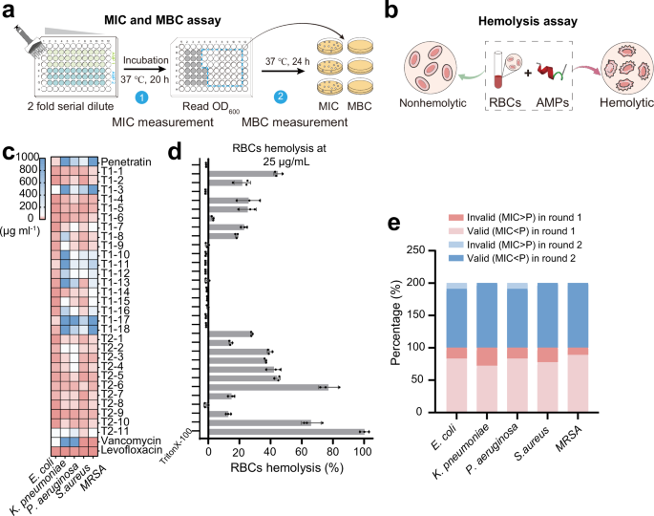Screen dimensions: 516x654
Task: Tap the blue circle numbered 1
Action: [x=141, y=97]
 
